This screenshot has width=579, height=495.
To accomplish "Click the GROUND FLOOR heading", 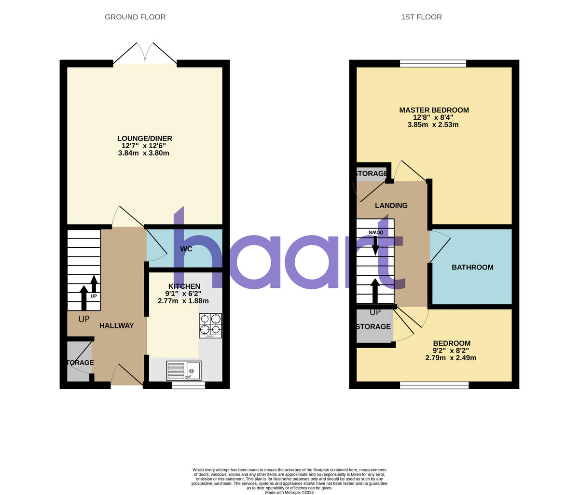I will click(x=135, y=17).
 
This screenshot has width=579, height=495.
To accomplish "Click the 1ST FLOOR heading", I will click(x=421, y=17).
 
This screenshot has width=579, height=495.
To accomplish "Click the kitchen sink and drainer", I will click(x=184, y=370).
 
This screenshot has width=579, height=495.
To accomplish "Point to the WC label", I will click(x=186, y=249).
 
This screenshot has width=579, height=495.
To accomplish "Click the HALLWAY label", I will click(x=116, y=326).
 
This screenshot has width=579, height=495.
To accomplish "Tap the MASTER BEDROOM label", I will click(x=434, y=110).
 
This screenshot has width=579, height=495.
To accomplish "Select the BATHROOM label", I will click(x=472, y=268).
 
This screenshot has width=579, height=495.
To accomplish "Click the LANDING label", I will click(x=391, y=206).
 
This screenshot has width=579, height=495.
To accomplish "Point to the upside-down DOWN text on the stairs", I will click(x=376, y=233).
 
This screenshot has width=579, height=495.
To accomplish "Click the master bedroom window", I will click(x=433, y=63).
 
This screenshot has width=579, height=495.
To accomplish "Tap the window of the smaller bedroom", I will click(x=434, y=385).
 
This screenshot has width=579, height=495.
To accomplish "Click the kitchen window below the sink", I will click(x=188, y=385).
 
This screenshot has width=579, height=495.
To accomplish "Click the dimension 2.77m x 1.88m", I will click(x=183, y=301).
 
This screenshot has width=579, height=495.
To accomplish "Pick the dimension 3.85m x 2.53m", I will click(x=433, y=125).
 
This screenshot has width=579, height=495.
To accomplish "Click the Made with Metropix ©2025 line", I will click(x=289, y=493).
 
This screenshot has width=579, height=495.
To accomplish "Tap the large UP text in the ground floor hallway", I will click(x=84, y=319).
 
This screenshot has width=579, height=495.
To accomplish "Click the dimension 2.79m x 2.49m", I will click(x=451, y=358).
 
